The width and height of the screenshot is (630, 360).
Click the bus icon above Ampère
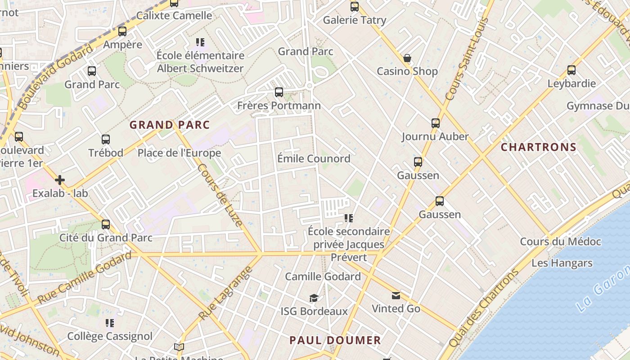click(x=122, y=31)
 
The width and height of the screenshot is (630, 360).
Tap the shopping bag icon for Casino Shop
click(x=407, y=58)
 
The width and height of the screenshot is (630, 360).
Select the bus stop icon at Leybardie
click(x=571, y=70)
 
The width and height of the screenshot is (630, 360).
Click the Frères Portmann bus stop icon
click(x=279, y=92)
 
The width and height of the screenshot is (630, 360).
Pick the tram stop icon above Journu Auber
click(x=435, y=123)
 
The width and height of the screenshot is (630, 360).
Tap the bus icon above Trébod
click(x=106, y=139)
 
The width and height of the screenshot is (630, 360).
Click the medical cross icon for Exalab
click(x=60, y=180)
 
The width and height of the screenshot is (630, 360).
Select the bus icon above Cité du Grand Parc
click(x=106, y=224)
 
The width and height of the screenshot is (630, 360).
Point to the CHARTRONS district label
click(x=538, y=147)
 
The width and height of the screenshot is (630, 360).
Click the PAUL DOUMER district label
click(x=335, y=340)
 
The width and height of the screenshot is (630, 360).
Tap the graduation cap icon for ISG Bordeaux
click(x=314, y=298)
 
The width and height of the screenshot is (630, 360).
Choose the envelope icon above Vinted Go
click(x=396, y=295)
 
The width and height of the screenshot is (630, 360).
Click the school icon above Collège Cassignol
click(x=110, y=323)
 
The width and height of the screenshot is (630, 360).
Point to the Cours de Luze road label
click(x=220, y=195)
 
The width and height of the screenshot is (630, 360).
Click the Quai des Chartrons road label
click(x=484, y=308)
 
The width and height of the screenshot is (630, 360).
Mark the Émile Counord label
click(x=314, y=158)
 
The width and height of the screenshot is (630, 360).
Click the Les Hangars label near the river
click(x=562, y=263)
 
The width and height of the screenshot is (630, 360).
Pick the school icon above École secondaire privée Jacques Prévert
click(x=349, y=218)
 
